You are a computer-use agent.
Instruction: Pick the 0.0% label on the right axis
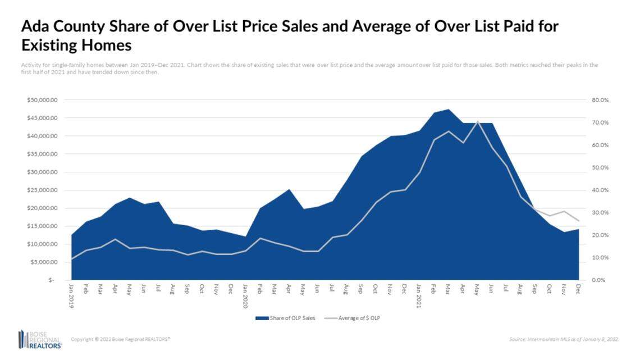pyautogui.click(x=599, y=280)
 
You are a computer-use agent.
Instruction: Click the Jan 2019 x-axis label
pyautogui.click(x=72, y=294)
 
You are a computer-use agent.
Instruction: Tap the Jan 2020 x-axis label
pyautogui.click(x=245, y=294)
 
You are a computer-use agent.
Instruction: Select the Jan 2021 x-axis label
pyautogui.click(x=419, y=294)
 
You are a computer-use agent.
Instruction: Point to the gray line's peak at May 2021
pyautogui.click(x=477, y=121)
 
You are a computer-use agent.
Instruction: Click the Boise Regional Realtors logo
pyautogui.click(x=40, y=339)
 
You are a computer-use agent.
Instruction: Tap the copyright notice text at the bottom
pyautogui.click(x=121, y=339)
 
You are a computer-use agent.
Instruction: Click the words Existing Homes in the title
pyautogui.click(x=76, y=44)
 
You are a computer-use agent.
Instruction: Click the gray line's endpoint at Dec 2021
pyautogui.click(x=578, y=221)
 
